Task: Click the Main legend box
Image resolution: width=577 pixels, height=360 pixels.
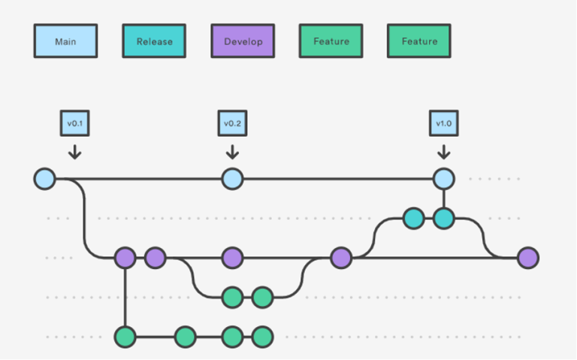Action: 65,41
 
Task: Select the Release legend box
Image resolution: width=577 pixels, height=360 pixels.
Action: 154,41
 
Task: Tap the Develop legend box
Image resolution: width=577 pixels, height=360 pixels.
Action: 243,41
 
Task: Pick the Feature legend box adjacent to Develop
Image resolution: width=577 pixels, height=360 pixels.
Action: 331,41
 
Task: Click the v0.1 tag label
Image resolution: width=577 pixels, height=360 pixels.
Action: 74,123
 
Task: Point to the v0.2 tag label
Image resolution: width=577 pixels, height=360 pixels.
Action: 232,123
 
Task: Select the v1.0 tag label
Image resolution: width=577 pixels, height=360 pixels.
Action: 443,123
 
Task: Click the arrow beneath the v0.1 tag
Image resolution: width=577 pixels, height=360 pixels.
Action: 74,153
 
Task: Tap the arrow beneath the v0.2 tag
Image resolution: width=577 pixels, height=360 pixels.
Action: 232,153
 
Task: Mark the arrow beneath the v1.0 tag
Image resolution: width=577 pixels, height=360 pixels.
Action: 443,153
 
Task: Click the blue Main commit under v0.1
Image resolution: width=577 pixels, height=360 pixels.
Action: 45,179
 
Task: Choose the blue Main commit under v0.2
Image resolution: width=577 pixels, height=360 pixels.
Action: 232,179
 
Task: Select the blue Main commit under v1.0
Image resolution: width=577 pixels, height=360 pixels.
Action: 444,179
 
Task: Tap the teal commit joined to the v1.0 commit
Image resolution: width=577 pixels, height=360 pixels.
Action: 444,219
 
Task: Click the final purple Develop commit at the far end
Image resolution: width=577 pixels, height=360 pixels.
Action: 528,258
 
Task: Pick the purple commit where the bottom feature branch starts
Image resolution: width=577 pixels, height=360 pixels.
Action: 125,258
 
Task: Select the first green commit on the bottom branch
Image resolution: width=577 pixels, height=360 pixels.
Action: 125,337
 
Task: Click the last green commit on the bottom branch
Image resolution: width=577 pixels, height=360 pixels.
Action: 261,337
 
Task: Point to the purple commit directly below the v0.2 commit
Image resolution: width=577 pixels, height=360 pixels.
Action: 232,258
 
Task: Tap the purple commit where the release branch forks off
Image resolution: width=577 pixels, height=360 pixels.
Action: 341,258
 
